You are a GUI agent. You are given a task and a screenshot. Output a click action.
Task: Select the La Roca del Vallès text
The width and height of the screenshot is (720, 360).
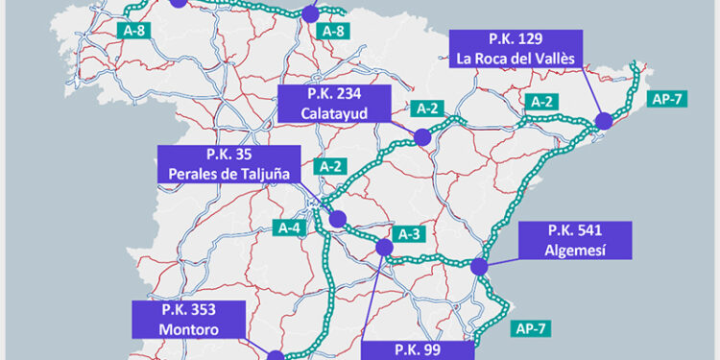tap(516, 59)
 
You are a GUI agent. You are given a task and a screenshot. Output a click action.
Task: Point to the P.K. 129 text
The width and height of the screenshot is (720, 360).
tap(516, 39)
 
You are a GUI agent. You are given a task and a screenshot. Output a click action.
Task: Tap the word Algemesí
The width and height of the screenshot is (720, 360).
tap(575, 249)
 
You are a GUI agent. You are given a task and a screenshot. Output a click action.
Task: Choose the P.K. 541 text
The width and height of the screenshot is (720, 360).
tap(575, 230)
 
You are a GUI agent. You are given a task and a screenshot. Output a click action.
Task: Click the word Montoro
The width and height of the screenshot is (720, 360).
tap(189, 328)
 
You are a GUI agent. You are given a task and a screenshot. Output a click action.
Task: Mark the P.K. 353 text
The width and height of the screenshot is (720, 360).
tap(189, 310)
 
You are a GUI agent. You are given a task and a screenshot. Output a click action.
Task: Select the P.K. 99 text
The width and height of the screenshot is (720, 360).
tap(419, 350)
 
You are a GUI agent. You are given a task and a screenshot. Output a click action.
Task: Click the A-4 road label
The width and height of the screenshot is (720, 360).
tap(291, 228)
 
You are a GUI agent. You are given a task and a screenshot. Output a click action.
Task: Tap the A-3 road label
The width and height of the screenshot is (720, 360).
tap(405, 234)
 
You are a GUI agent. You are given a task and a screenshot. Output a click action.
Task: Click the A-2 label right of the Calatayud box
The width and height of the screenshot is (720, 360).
tap(429, 108)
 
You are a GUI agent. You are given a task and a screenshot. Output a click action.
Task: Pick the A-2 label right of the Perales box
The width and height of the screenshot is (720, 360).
tap(331, 166)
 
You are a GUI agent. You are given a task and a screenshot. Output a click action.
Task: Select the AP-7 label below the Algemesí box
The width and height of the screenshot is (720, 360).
tap(530, 328)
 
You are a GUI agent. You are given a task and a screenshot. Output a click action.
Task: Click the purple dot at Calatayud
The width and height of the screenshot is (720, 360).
tap(421, 137)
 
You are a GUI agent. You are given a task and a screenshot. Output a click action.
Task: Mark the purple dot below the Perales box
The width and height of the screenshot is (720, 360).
tap(338, 219)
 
